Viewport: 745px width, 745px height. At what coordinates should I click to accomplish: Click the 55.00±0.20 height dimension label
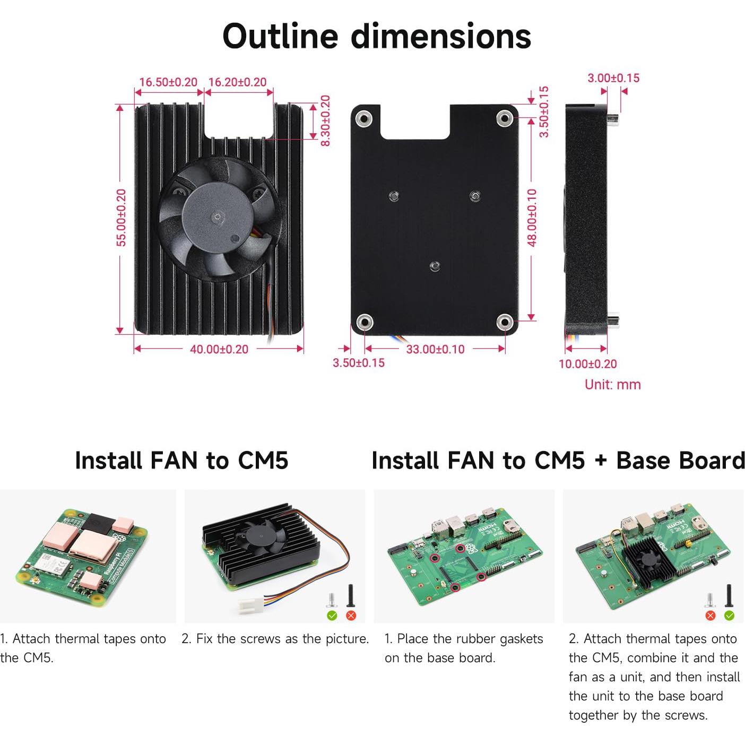click(122, 218)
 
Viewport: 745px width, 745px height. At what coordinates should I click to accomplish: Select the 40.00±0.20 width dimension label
click(219, 349)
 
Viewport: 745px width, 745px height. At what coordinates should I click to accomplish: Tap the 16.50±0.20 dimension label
click(168, 82)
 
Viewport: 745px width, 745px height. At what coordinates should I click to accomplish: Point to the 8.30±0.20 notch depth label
click(325, 120)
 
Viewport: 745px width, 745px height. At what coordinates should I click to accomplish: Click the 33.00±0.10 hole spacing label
click(435, 349)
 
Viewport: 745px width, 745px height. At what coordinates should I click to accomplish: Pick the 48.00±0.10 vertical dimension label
click(532, 218)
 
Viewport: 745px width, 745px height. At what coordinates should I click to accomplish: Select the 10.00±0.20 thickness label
click(587, 364)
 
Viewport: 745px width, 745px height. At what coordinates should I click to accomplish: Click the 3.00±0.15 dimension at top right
click(613, 78)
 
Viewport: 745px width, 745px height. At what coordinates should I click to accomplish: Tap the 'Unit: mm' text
click(612, 385)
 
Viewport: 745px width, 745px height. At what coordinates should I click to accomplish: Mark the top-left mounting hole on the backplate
click(363, 118)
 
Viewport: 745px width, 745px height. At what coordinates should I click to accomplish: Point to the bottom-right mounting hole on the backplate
click(504, 322)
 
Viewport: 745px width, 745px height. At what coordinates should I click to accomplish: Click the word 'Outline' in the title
click(280, 36)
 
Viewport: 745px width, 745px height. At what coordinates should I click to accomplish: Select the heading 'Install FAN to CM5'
click(181, 460)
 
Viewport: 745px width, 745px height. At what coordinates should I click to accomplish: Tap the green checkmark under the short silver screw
click(332, 616)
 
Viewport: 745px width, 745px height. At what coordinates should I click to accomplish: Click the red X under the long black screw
click(351, 616)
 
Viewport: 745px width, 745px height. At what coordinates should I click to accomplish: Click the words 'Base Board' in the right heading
click(680, 460)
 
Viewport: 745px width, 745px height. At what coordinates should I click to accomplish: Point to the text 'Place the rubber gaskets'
click(470, 639)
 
